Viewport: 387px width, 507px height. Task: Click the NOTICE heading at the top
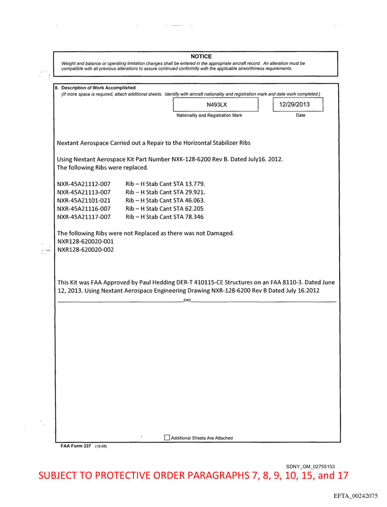point(201,56)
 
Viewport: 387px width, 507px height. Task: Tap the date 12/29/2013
point(298,104)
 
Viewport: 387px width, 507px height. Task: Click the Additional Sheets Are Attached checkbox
point(167,438)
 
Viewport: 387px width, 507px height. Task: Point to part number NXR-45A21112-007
point(84,184)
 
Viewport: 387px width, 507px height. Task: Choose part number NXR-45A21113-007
point(84,192)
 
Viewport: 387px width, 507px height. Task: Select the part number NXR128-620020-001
point(85,241)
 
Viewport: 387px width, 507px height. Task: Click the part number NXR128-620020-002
point(85,249)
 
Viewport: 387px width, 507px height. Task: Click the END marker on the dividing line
point(187,300)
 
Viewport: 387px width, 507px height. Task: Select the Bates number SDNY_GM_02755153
point(310,466)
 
